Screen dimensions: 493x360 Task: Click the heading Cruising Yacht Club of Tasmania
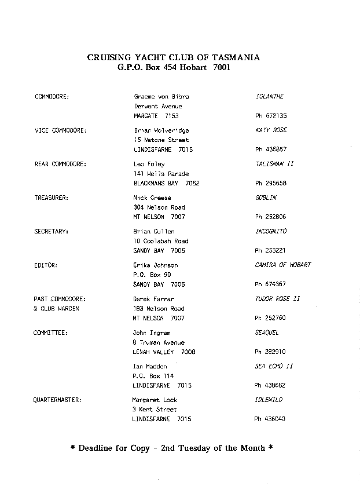[173, 57]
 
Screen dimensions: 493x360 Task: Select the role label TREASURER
[51, 198]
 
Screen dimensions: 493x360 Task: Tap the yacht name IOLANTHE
[269, 97]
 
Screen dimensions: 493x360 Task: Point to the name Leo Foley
[149, 164]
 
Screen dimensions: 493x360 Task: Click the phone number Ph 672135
[271, 116]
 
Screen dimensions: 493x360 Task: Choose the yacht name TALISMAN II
[274, 164]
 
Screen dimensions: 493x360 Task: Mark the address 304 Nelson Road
[159, 207]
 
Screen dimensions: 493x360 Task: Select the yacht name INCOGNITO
[271, 231]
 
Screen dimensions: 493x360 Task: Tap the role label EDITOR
[46, 265]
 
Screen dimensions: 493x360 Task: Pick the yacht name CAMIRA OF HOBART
[283, 265]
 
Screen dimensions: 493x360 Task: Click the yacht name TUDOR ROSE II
[278, 299]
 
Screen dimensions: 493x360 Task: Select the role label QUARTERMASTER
[57, 400]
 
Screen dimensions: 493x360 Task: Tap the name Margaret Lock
[155, 400]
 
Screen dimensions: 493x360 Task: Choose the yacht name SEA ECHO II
[274, 366]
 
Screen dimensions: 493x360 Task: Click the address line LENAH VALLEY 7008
[164, 352]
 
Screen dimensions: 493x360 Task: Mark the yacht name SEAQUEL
[267, 333]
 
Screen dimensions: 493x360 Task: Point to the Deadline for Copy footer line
[171, 448]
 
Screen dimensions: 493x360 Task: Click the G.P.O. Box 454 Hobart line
[173, 67]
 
